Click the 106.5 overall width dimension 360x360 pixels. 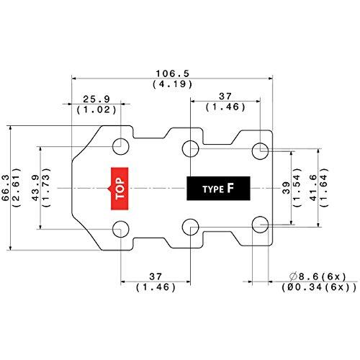coord(171,73)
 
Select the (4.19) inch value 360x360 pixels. coord(171,84)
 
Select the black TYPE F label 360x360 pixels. coord(218,188)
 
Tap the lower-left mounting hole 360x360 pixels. coord(121,230)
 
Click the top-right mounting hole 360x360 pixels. coord(259,150)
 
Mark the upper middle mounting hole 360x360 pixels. coord(190,149)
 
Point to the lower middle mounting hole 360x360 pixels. coord(190,226)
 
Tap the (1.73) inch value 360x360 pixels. coord(48,188)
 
